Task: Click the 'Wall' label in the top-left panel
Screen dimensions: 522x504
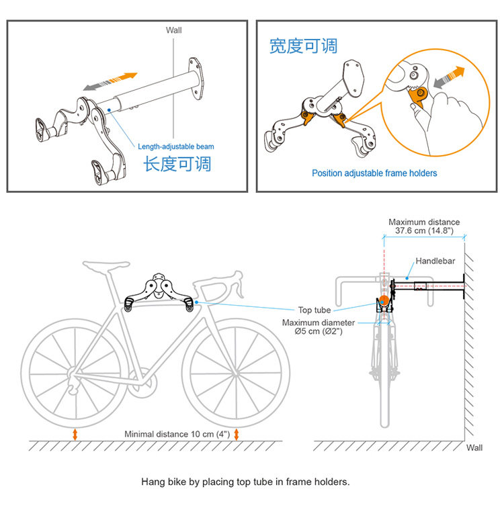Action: pyautogui.click(x=173, y=30)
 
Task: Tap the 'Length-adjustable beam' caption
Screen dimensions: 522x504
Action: pyautogui.click(x=175, y=146)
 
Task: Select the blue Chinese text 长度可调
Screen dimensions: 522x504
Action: pyautogui.click(x=177, y=163)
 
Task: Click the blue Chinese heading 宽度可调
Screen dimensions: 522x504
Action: pyautogui.click(x=303, y=46)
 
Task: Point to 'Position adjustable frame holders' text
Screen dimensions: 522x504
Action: pyautogui.click(x=374, y=173)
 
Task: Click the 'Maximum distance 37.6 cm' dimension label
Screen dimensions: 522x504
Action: pyautogui.click(x=424, y=226)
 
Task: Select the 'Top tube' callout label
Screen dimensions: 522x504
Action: pyautogui.click(x=314, y=310)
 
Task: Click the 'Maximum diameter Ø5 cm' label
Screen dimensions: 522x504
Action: pyautogui.click(x=319, y=327)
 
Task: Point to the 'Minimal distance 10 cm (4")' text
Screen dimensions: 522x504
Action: pyautogui.click(x=177, y=434)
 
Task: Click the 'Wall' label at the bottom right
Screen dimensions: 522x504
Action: pyautogui.click(x=474, y=447)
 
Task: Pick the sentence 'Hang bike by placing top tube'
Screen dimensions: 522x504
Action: pyautogui.click(x=245, y=482)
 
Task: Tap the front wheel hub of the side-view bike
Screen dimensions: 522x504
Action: pyautogui.click(x=236, y=372)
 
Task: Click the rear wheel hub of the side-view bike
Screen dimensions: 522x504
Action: pyautogui.click(x=75, y=373)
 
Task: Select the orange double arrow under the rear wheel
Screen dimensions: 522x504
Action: pyautogui.click(x=75, y=434)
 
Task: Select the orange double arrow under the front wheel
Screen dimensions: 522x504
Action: pyautogui.click(x=237, y=434)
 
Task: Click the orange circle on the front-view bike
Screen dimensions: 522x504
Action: pyautogui.click(x=382, y=301)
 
